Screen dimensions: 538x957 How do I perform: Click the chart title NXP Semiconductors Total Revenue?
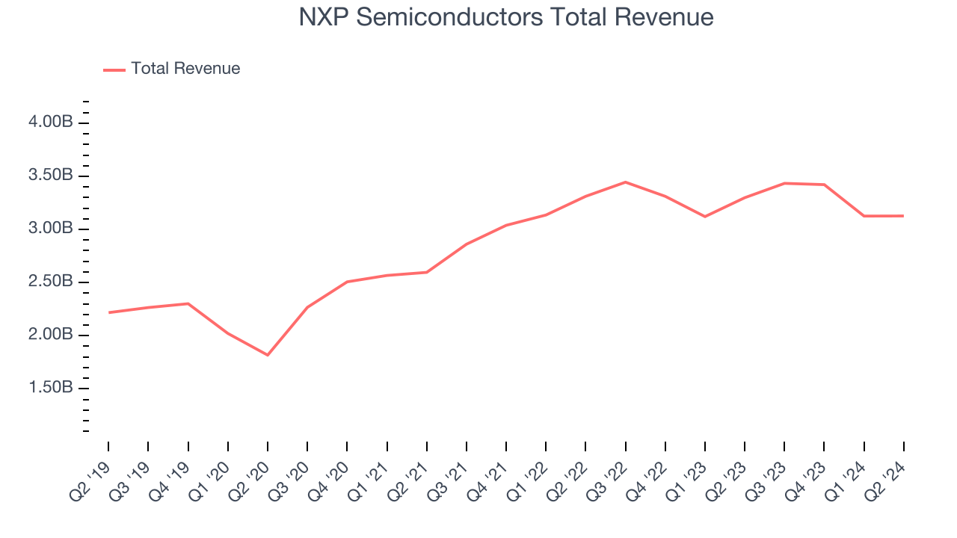(x=506, y=17)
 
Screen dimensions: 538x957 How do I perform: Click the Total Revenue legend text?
(x=185, y=69)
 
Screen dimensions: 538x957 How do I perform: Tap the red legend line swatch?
(x=114, y=69)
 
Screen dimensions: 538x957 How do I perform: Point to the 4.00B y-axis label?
(x=52, y=123)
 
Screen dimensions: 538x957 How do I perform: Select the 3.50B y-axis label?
(x=52, y=176)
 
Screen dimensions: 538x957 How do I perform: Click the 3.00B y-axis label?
(x=52, y=229)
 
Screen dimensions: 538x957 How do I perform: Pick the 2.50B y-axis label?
(x=52, y=282)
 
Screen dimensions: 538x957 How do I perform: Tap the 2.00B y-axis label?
(x=52, y=335)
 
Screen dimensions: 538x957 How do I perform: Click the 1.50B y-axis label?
(x=52, y=388)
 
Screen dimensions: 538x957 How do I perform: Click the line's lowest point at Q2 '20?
(x=268, y=355)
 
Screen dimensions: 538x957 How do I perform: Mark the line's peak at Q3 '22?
(x=625, y=182)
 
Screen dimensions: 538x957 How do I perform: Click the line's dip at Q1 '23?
(x=705, y=217)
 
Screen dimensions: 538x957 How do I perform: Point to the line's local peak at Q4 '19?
(x=188, y=303)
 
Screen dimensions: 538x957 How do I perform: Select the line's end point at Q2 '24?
(x=903, y=216)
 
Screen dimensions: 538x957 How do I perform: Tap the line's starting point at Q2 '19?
(x=108, y=312)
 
